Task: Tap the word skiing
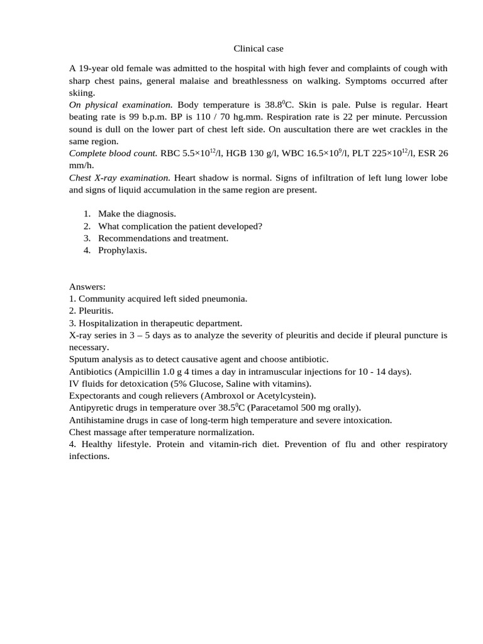point(80,92)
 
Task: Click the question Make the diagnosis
point(136,214)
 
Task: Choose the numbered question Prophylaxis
point(122,250)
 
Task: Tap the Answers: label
point(87,286)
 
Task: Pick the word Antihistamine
point(98,419)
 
